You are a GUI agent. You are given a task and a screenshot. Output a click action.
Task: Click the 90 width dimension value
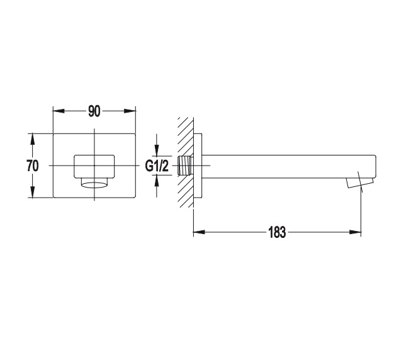coord(94,111)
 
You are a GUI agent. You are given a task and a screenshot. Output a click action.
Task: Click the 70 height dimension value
coord(33,166)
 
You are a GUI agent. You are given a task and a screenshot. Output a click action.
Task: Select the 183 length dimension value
coord(277,232)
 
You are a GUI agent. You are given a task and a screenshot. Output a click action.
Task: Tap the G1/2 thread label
coord(157,166)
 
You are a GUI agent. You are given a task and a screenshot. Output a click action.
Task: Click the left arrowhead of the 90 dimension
coord(59,111)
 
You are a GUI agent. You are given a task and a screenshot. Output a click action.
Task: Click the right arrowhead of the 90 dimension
coord(130,111)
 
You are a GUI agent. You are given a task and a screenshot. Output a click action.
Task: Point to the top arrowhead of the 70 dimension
coord(33,139)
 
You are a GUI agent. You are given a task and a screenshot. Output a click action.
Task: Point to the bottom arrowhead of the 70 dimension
coord(33,192)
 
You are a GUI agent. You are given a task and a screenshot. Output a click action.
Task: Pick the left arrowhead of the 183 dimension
coord(199,232)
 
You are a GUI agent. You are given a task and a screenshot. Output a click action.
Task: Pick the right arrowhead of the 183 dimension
coord(356,232)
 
